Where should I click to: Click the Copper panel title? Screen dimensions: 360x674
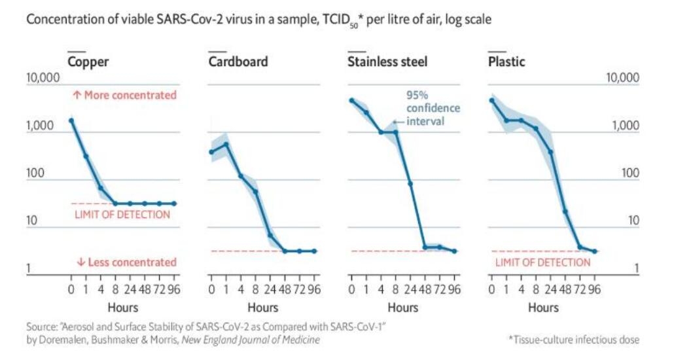click(x=88, y=62)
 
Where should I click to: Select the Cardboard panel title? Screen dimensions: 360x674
click(x=238, y=62)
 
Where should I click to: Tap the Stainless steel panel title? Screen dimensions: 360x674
click(x=387, y=62)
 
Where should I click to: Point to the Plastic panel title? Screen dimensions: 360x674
click(x=506, y=62)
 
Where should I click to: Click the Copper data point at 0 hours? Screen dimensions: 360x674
click(x=71, y=120)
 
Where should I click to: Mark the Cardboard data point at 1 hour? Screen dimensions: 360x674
click(x=226, y=144)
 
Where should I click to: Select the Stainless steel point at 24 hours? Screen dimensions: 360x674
click(x=410, y=184)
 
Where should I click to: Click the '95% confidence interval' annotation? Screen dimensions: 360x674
click(x=433, y=108)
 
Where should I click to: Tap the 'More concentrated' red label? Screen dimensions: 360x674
click(x=124, y=95)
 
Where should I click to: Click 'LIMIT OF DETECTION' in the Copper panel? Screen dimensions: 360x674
click(x=122, y=215)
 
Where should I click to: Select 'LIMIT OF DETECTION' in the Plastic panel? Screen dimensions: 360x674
click(x=542, y=262)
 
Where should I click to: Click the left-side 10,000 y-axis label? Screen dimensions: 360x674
click(x=43, y=79)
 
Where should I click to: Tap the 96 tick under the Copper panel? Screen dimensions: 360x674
click(x=174, y=289)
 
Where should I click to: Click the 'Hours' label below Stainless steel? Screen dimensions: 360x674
click(x=403, y=306)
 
